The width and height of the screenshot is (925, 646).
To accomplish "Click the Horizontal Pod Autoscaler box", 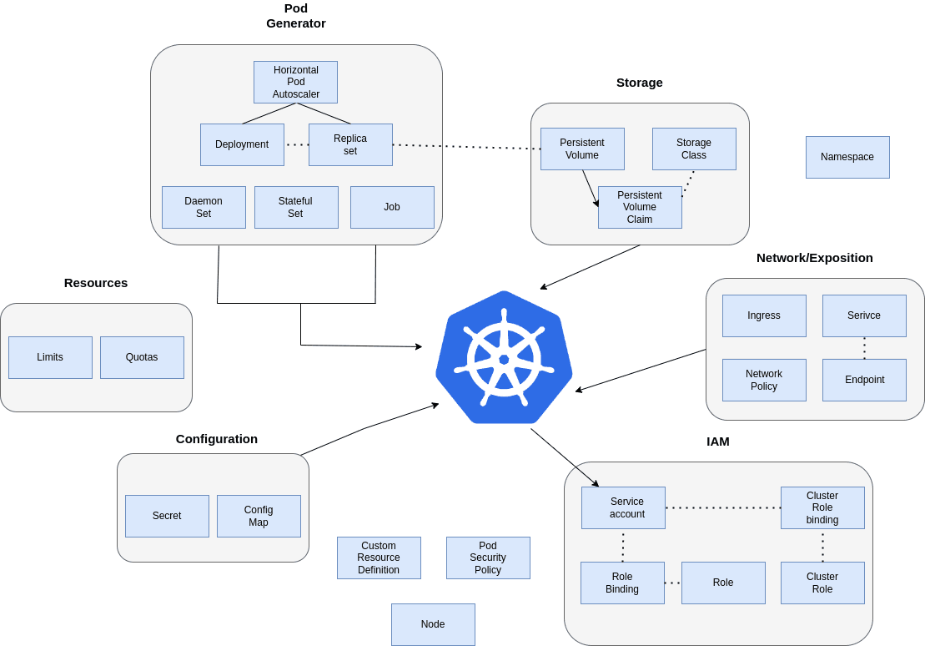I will tap(295, 82).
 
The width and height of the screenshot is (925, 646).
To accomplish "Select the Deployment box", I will tap(242, 144).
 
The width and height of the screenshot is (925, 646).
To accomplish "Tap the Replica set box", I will tap(350, 144).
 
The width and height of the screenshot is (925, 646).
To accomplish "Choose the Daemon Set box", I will tap(204, 207).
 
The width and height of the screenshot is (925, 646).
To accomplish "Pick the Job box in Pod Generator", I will tap(392, 207).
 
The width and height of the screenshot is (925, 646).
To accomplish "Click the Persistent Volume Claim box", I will tap(640, 207).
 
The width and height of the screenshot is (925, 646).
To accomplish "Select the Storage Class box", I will tap(694, 149).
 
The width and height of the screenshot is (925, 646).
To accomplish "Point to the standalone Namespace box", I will tap(847, 157).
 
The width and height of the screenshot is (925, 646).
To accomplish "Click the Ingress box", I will tap(764, 315).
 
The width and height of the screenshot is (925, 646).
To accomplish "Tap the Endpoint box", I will tap(864, 380).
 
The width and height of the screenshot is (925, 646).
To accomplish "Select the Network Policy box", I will tap(764, 380).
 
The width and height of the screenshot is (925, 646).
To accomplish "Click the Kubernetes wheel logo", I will tap(504, 358).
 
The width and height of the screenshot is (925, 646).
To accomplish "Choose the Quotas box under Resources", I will tap(142, 357).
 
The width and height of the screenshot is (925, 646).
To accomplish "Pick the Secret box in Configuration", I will tap(167, 516).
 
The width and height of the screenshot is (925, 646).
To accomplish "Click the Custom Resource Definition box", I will tap(379, 558).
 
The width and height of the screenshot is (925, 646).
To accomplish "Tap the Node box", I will tap(433, 624).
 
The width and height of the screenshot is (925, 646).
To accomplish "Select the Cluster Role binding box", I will tap(822, 507).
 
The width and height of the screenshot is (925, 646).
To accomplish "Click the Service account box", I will tap(623, 507).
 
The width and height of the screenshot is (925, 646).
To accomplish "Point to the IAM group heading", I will tap(717, 442).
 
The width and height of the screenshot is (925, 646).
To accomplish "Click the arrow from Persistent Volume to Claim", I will tap(591, 188).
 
